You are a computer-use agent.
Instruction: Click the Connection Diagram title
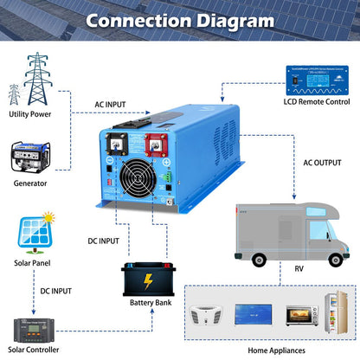click(179, 20)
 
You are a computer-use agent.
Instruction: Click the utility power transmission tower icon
click(35, 79)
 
